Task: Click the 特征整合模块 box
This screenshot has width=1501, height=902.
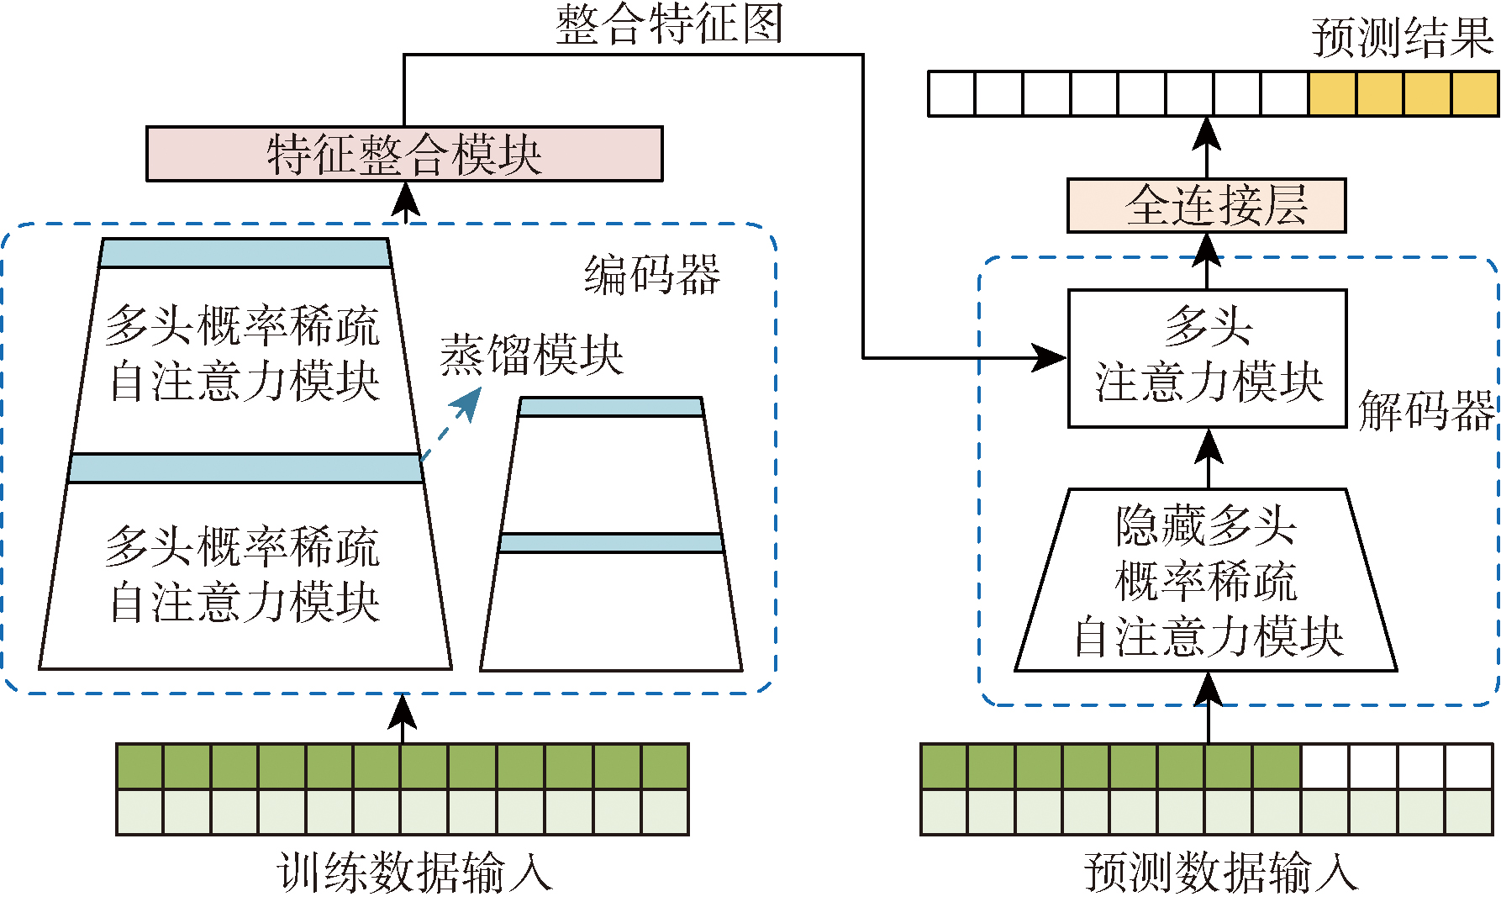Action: [404, 154]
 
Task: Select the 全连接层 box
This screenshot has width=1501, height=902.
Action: [1206, 205]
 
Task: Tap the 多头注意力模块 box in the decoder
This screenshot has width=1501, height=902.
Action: [1208, 358]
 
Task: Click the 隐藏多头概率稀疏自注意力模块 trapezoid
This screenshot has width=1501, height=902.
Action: [1207, 580]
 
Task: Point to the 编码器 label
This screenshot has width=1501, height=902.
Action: [652, 275]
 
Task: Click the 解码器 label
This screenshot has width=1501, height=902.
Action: [1426, 410]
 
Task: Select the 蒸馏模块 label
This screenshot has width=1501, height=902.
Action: [531, 355]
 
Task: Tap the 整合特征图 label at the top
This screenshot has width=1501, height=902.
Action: [669, 24]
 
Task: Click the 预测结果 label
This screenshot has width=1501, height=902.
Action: [1402, 39]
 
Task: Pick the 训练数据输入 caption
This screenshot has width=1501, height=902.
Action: [414, 872]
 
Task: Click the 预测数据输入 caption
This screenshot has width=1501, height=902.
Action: [1220, 872]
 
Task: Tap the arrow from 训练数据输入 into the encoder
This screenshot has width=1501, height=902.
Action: [403, 719]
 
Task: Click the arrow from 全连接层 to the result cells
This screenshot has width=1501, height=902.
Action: [1208, 146]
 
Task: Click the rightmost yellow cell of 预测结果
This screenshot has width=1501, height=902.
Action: [1476, 93]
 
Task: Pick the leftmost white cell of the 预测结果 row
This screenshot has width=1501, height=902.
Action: [951, 93]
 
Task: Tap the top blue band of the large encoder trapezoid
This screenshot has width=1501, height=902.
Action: [245, 253]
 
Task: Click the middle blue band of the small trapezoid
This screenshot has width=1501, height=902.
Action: [611, 542]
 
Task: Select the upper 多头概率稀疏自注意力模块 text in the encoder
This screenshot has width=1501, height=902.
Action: [244, 354]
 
